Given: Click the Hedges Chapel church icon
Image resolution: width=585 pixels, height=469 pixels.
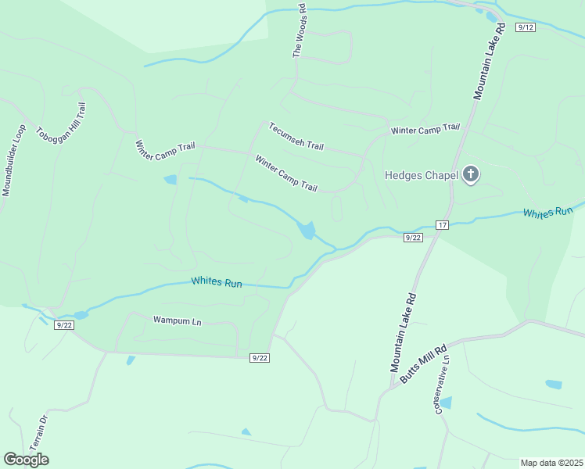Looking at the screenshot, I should (x=470, y=174).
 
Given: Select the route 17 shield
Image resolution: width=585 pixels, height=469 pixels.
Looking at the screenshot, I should (x=443, y=225).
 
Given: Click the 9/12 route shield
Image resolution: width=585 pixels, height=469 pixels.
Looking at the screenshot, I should (x=525, y=27).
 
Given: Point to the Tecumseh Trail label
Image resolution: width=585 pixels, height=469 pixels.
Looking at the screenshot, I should (x=296, y=136).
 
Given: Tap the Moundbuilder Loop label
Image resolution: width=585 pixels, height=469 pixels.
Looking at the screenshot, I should (x=14, y=159).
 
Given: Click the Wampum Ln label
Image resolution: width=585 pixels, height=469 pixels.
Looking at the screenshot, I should (x=177, y=320).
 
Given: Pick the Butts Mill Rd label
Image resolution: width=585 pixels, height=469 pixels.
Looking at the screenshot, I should (x=423, y=363).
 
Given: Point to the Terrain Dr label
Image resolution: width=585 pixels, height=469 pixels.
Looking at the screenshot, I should (x=39, y=431).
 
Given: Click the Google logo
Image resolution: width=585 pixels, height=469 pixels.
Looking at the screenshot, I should (x=26, y=460).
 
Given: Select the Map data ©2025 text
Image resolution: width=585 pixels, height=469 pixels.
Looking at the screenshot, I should (x=552, y=463).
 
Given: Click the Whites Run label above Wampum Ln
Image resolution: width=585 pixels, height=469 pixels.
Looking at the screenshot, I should (x=217, y=282).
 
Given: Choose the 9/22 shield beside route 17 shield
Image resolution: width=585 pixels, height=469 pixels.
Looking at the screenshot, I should (x=413, y=238).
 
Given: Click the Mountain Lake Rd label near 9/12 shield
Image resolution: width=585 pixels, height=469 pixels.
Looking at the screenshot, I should (x=490, y=62).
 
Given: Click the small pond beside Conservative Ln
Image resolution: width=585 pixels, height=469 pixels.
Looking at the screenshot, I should (x=445, y=403).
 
